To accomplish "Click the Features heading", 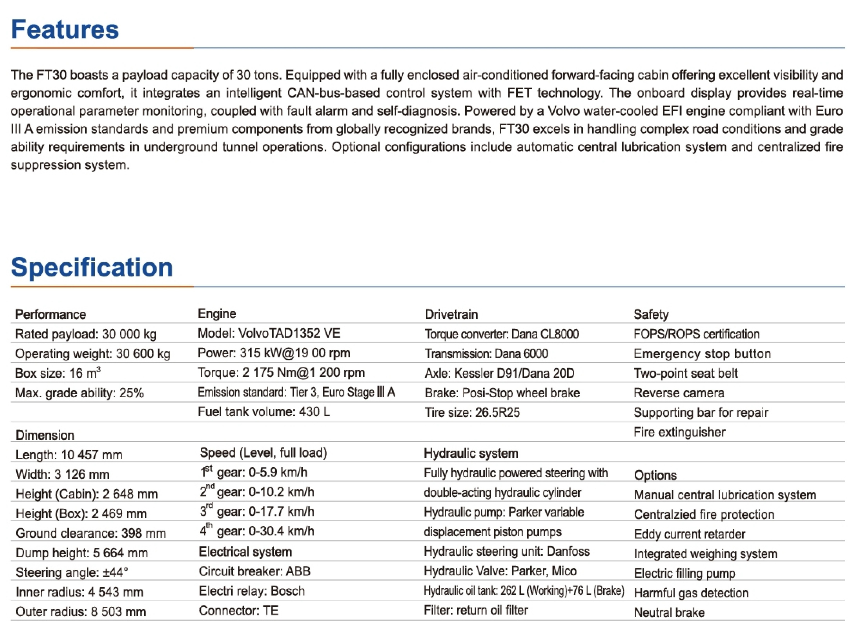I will point(65,29).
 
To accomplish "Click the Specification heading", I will point(92,267).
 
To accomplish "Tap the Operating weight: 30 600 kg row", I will point(93,354).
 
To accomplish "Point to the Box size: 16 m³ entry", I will point(58,373).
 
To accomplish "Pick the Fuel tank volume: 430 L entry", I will point(264,412).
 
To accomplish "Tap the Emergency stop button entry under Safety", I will point(702,354).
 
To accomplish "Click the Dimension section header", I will point(45,435).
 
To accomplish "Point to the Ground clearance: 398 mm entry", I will point(91,533).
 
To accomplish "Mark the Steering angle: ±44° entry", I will point(72,573).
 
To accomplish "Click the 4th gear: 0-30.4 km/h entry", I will point(257,531).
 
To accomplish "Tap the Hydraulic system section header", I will point(470,453).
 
